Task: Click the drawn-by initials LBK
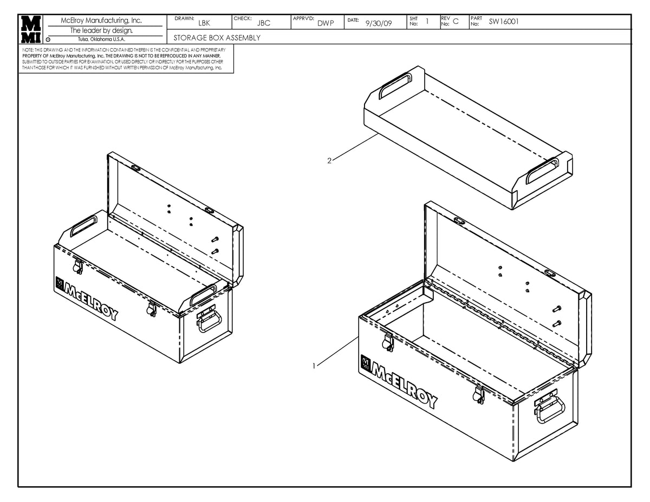[x=204, y=23]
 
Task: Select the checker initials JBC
[x=263, y=23]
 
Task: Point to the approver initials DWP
[x=325, y=23]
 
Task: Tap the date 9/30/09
[x=379, y=23]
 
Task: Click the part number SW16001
[x=504, y=22]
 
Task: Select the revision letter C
[x=455, y=22]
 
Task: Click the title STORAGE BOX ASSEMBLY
[x=217, y=38]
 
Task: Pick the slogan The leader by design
[x=105, y=30]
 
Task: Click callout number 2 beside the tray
[x=329, y=160]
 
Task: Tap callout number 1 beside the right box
[x=314, y=366]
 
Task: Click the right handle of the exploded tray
[x=542, y=170]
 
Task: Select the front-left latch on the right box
[x=387, y=341]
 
